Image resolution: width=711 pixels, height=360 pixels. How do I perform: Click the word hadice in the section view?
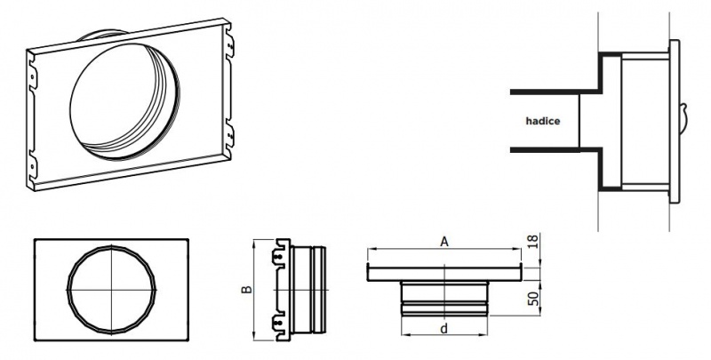pos(543,121)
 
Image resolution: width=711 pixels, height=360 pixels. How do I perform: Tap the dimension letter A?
pos(444,242)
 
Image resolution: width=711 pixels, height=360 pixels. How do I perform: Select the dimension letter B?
pos(246,289)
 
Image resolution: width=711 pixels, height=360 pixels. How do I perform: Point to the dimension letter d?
pos(443,328)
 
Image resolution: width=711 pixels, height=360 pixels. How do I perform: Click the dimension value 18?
pos(533,240)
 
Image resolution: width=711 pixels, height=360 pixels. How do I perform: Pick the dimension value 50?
pos(534,298)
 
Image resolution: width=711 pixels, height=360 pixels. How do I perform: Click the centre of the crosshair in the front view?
pos(112,289)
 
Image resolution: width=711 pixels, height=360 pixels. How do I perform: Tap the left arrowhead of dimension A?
pos(371,249)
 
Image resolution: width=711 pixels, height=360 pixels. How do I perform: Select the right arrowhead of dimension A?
pos(517,249)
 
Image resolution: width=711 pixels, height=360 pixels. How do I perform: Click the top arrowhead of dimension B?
pos(254,244)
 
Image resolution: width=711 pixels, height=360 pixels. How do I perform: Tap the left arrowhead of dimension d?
pos(406,335)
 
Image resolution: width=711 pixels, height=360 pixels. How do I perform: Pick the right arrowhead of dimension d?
pos(483,335)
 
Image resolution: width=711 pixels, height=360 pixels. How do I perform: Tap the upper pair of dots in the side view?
pos(279,257)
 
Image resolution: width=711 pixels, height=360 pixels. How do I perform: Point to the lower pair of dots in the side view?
pos(279,323)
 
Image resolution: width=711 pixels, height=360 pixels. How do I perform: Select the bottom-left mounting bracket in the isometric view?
pos(32,167)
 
